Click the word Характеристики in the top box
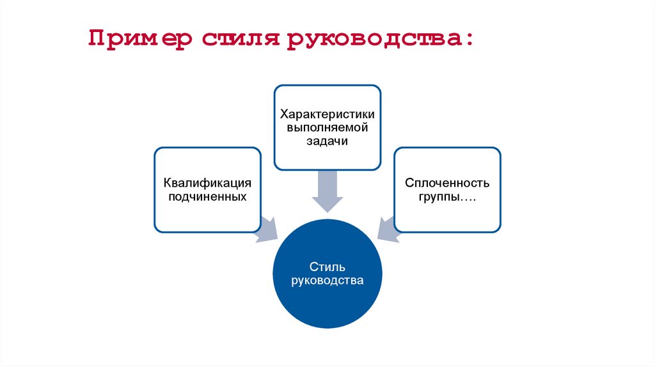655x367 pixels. point(327,115)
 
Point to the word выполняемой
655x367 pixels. point(327,128)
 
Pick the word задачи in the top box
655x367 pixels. point(327,141)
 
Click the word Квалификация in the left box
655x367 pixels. point(207,183)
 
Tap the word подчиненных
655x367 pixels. point(207,196)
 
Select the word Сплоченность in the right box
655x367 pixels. point(447,183)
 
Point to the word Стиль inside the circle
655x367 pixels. point(327,267)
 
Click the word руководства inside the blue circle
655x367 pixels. point(327,280)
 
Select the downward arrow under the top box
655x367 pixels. point(327,192)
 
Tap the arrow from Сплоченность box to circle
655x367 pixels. point(388,229)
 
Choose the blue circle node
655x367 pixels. point(327,301)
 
